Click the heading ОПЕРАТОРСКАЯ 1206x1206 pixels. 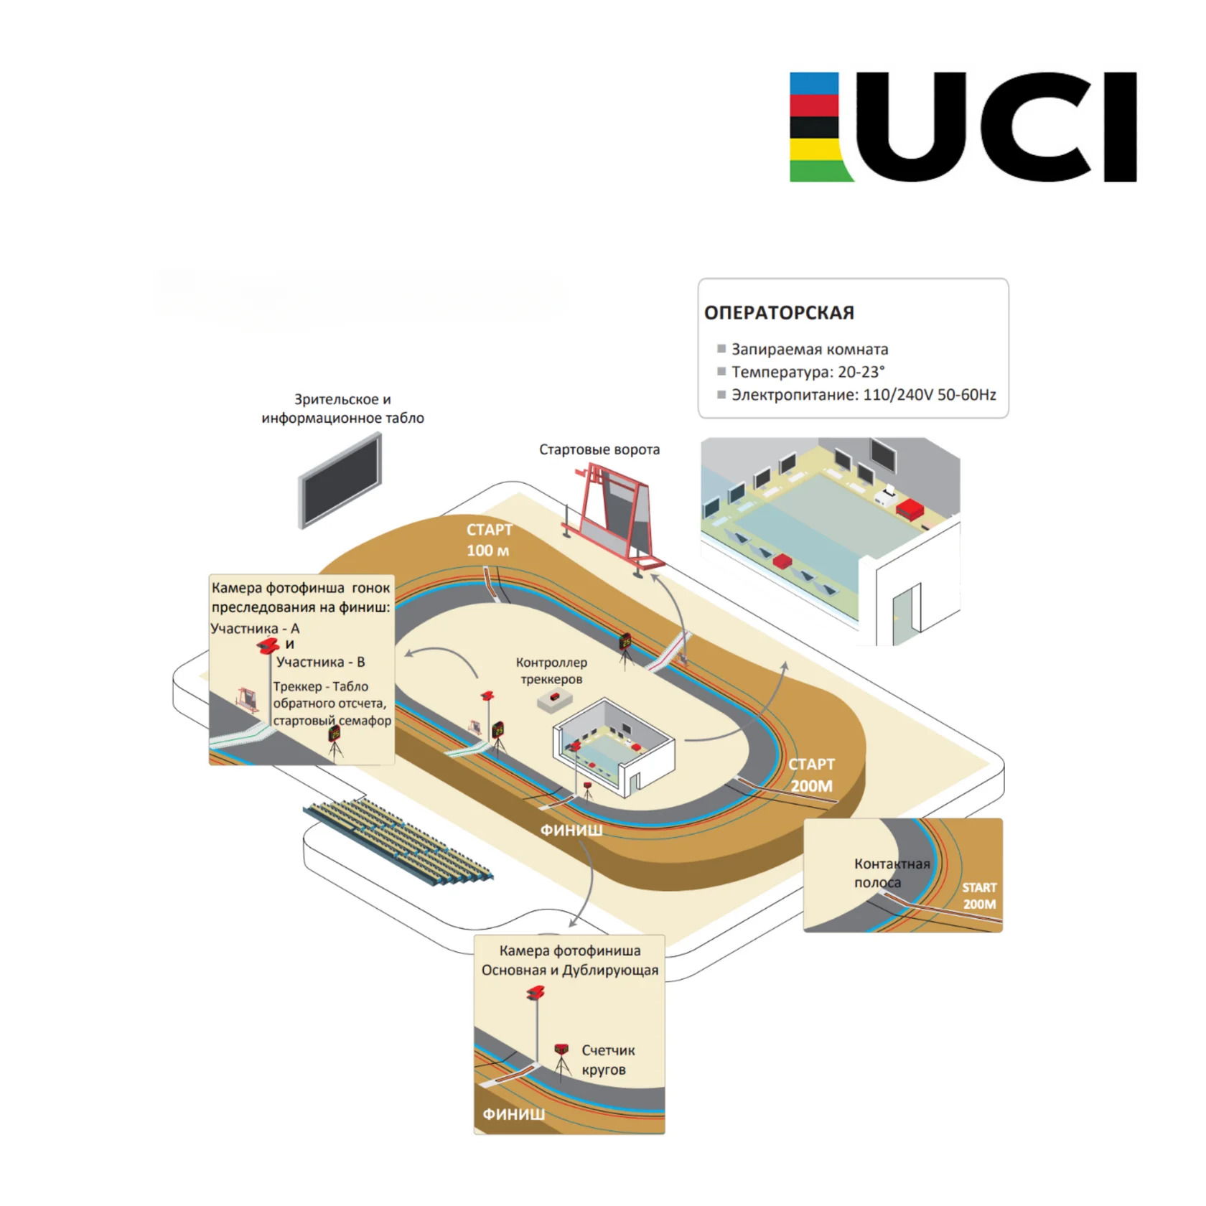point(779,313)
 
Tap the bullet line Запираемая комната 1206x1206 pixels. point(810,350)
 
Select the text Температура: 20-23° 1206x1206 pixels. point(808,372)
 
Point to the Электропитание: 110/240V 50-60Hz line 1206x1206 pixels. point(864,395)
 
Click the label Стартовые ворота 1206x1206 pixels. point(599,449)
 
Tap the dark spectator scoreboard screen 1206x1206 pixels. point(341,480)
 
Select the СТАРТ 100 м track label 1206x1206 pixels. point(489,540)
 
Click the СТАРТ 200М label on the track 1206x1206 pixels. point(811,775)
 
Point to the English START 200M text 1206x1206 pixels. point(979,896)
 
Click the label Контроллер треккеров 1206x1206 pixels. point(551,670)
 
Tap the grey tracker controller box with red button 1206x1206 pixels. point(556,699)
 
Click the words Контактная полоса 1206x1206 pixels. point(892,873)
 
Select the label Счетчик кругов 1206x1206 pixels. point(608,1060)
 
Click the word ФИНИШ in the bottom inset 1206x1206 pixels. point(513,1114)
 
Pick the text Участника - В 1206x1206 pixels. point(320,662)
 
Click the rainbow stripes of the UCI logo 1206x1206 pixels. point(818,126)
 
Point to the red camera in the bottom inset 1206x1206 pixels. point(536,994)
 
